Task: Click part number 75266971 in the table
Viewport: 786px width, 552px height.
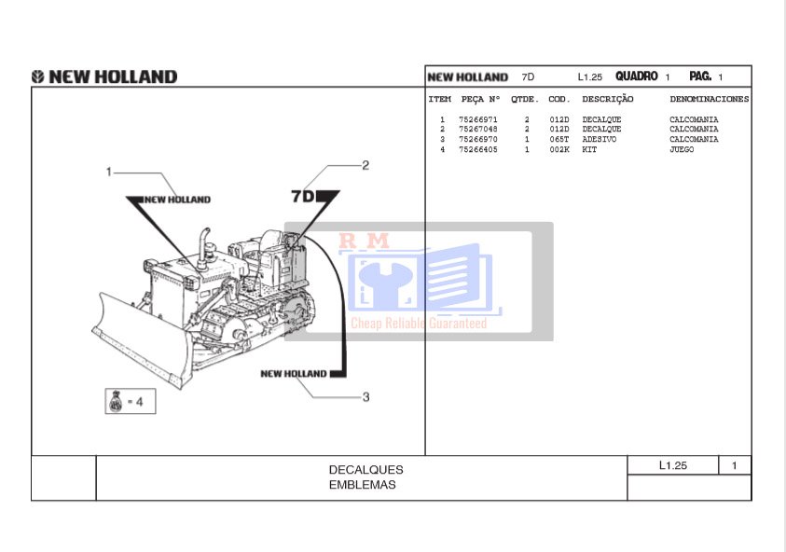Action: click(478, 120)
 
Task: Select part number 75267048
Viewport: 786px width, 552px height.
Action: click(478, 130)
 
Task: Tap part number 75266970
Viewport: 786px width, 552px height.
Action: click(478, 140)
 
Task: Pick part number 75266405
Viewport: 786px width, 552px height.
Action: click(478, 149)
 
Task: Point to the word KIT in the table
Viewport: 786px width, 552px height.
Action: click(589, 149)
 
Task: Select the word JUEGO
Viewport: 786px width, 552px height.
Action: click(682, 149)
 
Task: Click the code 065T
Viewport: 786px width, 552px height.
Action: click(558, 140)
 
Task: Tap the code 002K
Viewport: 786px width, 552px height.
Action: click(558, 149)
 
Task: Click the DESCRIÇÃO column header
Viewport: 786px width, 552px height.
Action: click(607, 99)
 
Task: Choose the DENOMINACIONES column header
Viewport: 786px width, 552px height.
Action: click(709, 99)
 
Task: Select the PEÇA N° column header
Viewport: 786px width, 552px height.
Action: click(480, 99)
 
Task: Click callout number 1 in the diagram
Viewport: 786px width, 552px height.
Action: click(109, 171)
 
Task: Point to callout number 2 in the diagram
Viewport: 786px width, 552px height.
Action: click(365, 165)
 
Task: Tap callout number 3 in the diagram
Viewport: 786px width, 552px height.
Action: click(365, 397)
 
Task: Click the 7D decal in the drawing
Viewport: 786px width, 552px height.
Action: click(304, 197)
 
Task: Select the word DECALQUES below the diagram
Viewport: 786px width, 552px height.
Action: click(365, 470)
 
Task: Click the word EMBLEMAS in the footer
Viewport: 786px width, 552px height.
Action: click(363, 485)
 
